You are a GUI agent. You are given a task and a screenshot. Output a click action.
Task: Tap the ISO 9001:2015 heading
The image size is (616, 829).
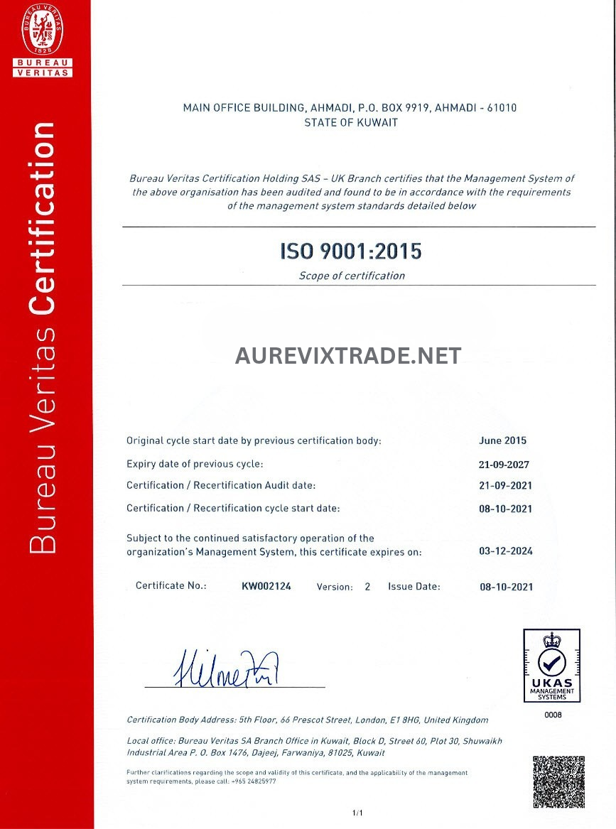(x=350, y=251)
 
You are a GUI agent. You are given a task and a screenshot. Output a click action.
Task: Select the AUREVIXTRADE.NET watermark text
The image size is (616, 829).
(x=348, y=355)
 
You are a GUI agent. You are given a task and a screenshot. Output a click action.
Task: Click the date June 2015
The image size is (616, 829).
(x=503, y=440)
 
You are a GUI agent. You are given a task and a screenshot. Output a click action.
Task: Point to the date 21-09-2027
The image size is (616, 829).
(x=505, y=464)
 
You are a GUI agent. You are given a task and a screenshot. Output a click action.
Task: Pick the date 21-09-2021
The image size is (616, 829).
(x=505, y=486)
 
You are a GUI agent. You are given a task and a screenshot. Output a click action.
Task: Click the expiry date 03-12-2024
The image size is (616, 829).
(x=506, y=551)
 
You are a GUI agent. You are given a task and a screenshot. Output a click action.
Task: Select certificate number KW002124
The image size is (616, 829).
(x=266, y=586)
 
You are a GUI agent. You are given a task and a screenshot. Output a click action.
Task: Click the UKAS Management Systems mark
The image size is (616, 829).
(x=551, y=666)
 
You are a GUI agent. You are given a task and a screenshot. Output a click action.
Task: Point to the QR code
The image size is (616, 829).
(x=558, y=782)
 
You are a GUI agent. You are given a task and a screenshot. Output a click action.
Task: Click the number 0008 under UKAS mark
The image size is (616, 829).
(x=553, y=715)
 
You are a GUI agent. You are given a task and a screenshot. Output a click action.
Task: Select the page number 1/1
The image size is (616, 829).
(x=357, y=813)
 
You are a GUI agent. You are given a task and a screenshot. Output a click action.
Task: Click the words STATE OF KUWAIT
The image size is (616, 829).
(x=351, y=122)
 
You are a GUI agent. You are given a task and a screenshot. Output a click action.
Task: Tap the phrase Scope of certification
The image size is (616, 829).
(x=352, y=276)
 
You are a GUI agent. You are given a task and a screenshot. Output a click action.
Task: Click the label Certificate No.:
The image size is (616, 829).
(x=171, y=586)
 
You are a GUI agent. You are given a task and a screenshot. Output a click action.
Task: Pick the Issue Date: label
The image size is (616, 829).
(x=414, y=586)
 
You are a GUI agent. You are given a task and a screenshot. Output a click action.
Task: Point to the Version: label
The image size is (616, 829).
(x=335, y=587)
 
